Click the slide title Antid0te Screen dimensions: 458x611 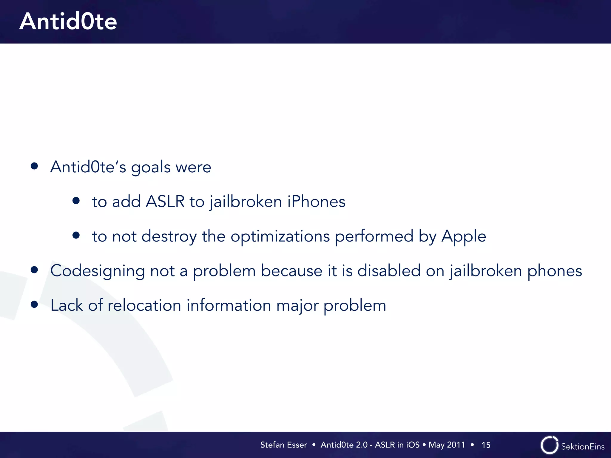(x=68, y=21)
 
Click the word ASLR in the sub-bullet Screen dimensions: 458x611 (x=165, y=202)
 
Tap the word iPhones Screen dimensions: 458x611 (x=316, y=202)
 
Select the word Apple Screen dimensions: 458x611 (x=464, y=237)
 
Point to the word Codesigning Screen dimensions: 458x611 (x=98, y=271)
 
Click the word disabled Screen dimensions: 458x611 (x=389, y=271)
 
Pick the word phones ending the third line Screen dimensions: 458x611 (x=555, y=271)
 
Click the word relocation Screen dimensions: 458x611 (x=144, y=305)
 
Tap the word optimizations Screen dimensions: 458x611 (x=280, y=237)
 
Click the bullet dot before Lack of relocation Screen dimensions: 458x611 (x=34, y=304)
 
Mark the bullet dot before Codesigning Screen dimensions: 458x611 (x=34, y=270)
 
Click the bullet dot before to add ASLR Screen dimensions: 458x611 (x=76, y=201)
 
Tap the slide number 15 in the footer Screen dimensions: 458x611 (x=486, y=445)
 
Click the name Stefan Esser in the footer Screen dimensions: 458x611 (x=283, y=445)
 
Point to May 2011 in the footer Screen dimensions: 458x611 (x=447, y=445)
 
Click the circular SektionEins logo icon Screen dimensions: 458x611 (x=549, y=445)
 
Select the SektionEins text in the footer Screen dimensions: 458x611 (x=583, y=446)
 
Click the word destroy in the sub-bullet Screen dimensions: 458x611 (x=169, y=237)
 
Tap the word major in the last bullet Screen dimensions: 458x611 (x=297, y=306)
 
